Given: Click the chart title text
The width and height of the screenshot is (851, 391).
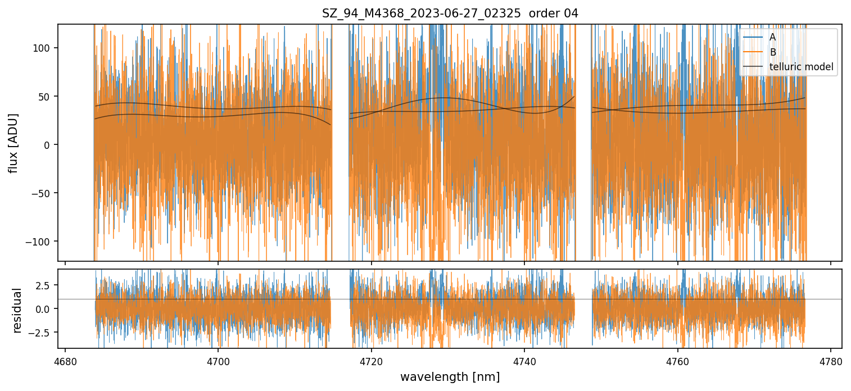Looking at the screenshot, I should tap(450, 13).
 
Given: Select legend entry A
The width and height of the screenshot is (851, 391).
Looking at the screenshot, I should tap(772, 37).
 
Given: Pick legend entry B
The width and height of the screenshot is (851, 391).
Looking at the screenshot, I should tap(772, 52).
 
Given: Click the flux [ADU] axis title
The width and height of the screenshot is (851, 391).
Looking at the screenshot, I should tap(13, 143).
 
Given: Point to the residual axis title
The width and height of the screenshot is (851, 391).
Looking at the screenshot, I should tap(17, 310).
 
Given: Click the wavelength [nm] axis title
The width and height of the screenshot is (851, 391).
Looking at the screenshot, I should tap(450, 377).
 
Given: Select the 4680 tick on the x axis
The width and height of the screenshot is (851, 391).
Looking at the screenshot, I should tap(65, 361).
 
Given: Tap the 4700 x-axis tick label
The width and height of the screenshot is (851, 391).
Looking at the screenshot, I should tap(218, 361).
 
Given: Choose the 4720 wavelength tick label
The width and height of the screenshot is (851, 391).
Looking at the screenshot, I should tap(371, 361).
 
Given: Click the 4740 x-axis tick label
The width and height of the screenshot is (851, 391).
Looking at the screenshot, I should tap(524, 361).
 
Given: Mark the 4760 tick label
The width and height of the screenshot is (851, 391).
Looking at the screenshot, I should tap(677, 361).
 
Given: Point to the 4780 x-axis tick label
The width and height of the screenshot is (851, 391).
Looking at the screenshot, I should tap(830, 361).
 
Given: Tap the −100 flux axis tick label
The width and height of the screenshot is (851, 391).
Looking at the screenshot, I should tap(40, 242).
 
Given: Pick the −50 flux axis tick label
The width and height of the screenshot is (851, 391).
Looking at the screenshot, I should tap(42, 193).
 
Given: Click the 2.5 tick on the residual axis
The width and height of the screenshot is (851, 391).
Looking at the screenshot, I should tap(44, 285).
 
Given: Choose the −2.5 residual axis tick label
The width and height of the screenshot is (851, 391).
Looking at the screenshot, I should tap(42, 332).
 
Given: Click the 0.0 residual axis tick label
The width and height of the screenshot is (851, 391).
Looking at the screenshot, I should tap(44, 308).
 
